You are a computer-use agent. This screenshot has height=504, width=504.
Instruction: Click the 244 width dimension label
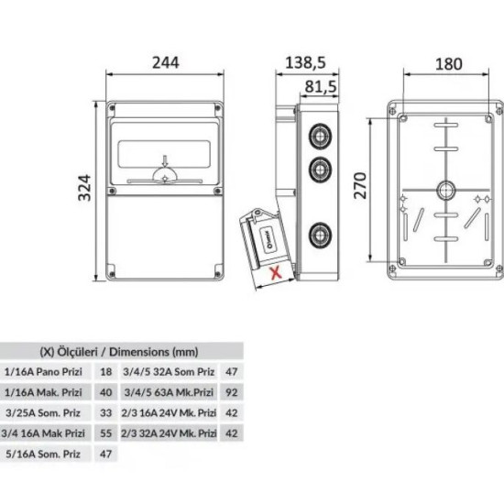166,62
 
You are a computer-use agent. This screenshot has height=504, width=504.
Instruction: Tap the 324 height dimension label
85,188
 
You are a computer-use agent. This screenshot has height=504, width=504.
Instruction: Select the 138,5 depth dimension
305,62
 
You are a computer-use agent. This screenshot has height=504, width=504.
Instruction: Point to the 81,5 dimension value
321,86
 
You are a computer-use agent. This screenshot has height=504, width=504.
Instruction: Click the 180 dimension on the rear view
449,64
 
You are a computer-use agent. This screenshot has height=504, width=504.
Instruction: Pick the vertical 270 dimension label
360,185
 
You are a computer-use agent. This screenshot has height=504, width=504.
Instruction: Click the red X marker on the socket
276,273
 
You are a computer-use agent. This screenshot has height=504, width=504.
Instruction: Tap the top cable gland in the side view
320,137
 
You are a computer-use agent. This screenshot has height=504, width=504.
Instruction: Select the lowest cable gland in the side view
320,236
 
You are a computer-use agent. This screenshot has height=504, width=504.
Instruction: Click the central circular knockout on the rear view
446,191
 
